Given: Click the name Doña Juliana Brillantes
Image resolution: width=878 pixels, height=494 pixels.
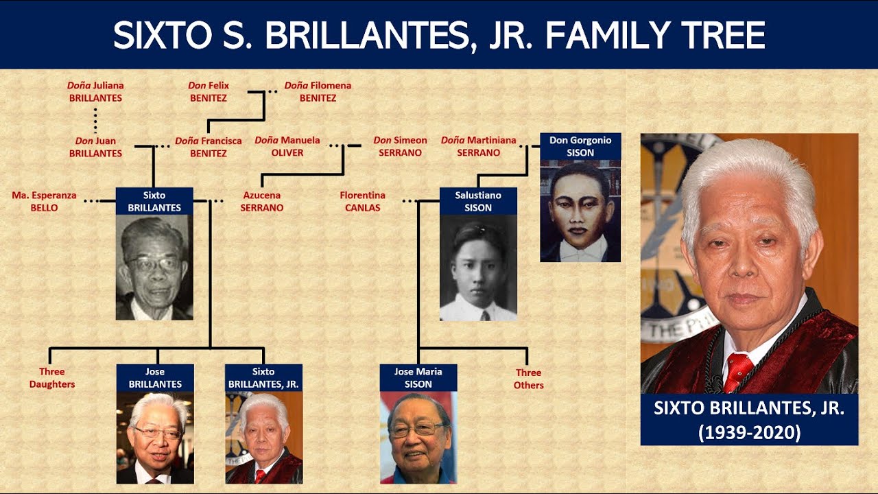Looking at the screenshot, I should coord(95,92).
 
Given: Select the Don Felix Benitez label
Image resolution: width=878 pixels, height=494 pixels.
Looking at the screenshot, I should coord(209,92).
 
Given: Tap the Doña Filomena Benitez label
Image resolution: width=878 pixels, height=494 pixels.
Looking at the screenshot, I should coord(318,92).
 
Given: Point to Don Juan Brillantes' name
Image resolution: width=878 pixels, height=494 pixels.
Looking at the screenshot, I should coord(95,147).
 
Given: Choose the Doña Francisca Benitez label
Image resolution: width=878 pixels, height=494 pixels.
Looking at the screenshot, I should coord(209,147).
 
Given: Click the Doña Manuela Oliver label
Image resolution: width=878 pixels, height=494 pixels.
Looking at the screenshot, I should coord(287,146).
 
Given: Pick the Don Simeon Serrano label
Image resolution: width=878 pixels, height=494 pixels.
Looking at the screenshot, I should coord(400,146).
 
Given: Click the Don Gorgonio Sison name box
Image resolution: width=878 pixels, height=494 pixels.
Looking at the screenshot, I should coord(580,146).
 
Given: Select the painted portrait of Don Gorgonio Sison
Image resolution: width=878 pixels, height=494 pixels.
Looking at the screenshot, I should coord(580,211).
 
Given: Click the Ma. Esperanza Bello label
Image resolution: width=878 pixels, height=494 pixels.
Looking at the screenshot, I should coord(44,201).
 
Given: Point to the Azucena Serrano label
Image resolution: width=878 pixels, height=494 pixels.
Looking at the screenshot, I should coord(261,201).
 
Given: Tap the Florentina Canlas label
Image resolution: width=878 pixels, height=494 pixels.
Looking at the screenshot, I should coord(362,201).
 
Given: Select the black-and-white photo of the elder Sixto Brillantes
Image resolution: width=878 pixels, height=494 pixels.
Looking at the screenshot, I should coord(154,267).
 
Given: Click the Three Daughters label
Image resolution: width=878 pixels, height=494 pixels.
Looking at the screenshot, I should coord(52,378).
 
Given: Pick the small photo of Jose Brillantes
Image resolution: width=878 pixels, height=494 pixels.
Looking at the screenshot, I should coord(155,438).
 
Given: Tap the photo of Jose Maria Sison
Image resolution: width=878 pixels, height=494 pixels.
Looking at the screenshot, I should coord(418,438).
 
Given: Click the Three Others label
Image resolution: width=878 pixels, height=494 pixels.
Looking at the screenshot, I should coord(529,379).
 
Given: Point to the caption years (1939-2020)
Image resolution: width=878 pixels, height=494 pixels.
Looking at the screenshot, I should coord(749,433).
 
